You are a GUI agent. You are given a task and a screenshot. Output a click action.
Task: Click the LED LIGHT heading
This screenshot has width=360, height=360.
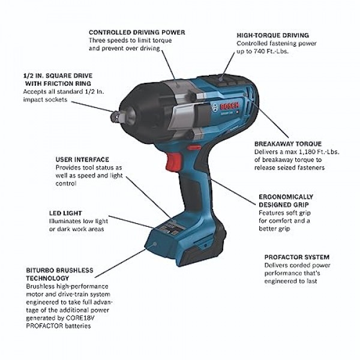65,213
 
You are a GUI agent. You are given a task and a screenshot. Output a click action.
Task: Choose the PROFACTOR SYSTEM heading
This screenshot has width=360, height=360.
296,257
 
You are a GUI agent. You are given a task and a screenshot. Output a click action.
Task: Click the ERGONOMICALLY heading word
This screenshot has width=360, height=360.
285,196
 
